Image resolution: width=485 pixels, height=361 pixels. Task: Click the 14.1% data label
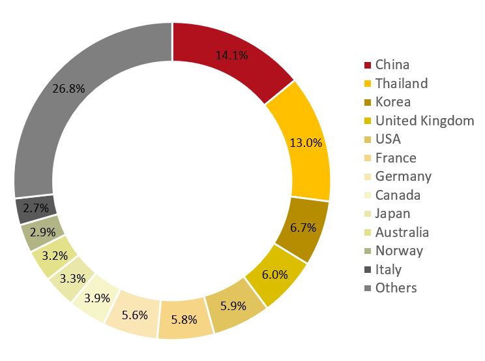click(231, 55)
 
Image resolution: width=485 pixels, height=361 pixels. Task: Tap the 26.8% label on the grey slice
click(68, 89)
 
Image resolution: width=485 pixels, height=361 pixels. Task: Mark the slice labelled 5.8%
click(186, 320)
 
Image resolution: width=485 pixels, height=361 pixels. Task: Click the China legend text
click(392, 65)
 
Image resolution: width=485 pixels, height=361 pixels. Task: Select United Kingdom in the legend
click(424, 121)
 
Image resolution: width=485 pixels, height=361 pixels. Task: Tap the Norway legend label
click(399, 251)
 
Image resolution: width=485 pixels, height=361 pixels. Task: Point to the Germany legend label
click(404, 176)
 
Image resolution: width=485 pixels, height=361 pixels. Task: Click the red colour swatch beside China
click(368, 65)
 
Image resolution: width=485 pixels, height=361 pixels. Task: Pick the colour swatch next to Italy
click(368, 270)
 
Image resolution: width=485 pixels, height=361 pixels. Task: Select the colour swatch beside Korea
click(368, 102)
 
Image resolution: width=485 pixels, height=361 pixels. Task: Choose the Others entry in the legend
click(396, 288)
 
